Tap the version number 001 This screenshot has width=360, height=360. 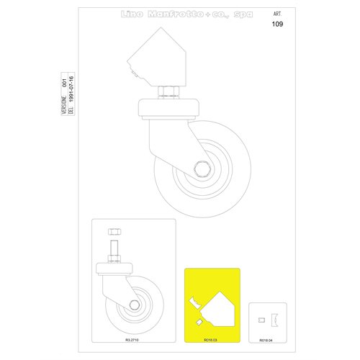coord(63,83)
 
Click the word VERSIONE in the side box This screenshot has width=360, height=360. coord(63,109)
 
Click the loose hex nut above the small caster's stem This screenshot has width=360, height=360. coord(114,232)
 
